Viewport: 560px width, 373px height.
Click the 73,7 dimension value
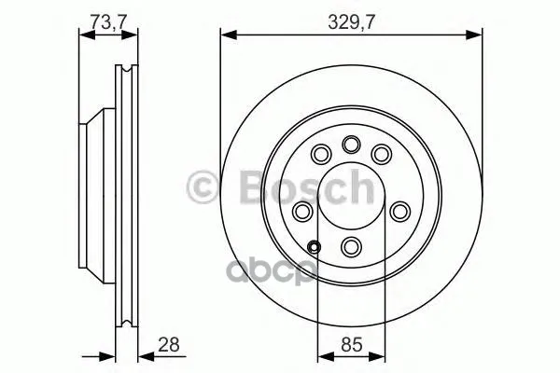click(x=108, y=21)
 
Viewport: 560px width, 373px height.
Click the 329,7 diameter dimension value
click(x=352, y=22)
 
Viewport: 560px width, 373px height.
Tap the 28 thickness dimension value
click(x=169, y=344)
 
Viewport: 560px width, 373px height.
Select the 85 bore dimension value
click(x=352, y=344)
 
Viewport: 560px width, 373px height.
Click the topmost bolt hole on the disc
click(x=352, y=145)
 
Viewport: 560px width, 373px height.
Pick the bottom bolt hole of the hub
click(x=352, y=246)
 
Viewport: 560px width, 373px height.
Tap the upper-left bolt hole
click(x=321, y=154)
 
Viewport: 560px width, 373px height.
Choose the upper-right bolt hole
click(x=382, y=154)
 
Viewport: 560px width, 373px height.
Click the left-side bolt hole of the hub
click(x=302, y=212)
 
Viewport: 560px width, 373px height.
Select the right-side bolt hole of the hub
click(x=400, y=212)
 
